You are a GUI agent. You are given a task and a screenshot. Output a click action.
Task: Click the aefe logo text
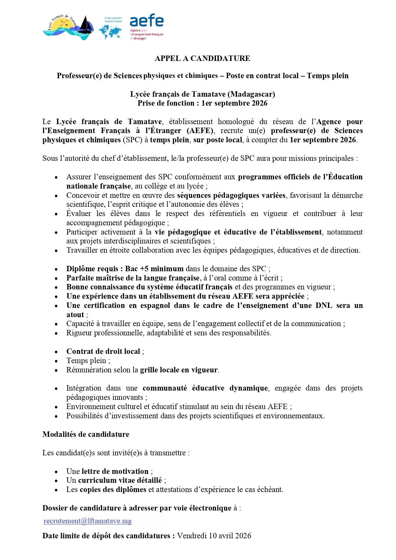tap(146, 21)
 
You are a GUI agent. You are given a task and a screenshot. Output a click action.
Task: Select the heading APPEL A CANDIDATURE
tap(202, 58)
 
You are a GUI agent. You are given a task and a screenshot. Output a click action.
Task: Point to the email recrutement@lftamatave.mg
tap(87, 521)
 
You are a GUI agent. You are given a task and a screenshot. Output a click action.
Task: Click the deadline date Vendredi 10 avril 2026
tap(214, 536)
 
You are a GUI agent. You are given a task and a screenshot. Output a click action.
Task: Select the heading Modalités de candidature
tap(86, 434)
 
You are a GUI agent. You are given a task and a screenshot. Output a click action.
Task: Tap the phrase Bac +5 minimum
tap(154, 269)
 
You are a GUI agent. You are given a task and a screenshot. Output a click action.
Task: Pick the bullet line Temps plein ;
tap(88, 361)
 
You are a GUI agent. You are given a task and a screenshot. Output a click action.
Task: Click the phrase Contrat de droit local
tap(103, 351)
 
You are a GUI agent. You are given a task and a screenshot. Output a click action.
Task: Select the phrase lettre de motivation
tap(115, 471)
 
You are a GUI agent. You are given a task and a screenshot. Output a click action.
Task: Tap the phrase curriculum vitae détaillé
tap(120, 480)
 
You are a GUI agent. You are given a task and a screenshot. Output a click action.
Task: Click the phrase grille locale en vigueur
tap(179, 370)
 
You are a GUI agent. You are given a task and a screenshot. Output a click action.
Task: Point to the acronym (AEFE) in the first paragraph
tap(200, 131)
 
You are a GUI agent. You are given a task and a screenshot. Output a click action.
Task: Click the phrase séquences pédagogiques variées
tap(231, 195)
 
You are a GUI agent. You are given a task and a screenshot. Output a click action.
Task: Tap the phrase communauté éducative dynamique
tap(205, 388)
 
